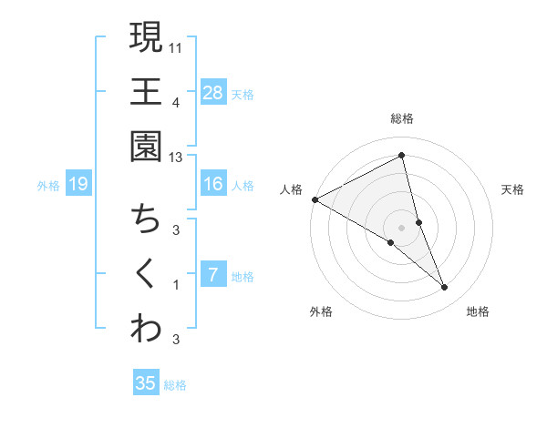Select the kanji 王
pyautogui.click(x=146, y=92)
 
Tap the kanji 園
pyautogui.click(x=146, y=147)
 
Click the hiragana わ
pyautogui.click(x=146, y=330)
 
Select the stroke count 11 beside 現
pyautogui.click(x=176, y=46)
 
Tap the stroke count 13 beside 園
pyautogui.click(x=176, y=158)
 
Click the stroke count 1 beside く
pyautogui.click(x=176, y=285)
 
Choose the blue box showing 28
pyautogui.click(x=212, y=92)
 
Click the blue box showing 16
pyautogui.click(x=212, y=184)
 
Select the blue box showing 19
pyautogui.click(x=78, y=185)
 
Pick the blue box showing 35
pyautogui.click(x=146, y=383)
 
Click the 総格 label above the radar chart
pyautogui.click(x=402, y=118)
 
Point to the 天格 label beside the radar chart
pyautogui.click(x=513, y=189)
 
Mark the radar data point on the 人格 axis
pyautogui.click(x=315, y=199)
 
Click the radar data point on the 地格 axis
pyautogui.click(x=445, y=288)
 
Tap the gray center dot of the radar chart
pyautogui.click(x=402, y=227)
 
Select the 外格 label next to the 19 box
pyautogui.click(x=48, y=186)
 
